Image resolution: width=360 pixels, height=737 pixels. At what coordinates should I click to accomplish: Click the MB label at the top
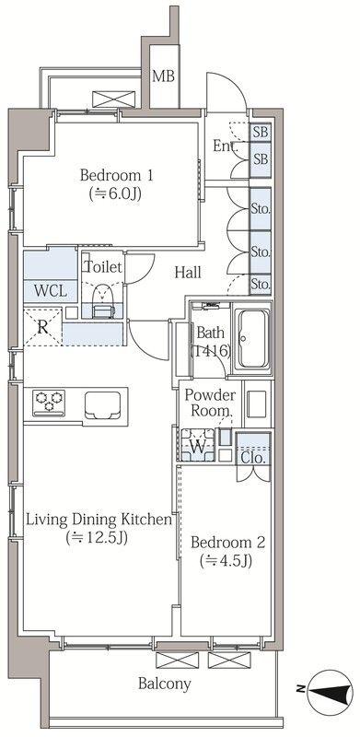(163, 76)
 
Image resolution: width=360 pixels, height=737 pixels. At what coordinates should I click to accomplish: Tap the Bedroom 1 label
(116, 175)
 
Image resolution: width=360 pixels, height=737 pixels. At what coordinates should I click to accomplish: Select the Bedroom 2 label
(228, 543)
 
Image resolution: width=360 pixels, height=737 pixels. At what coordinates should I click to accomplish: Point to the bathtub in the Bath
(253, 338)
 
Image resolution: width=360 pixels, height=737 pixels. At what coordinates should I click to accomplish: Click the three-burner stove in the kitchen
(49, 403)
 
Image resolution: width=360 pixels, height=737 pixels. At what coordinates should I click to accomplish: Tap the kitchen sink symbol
(102, 405)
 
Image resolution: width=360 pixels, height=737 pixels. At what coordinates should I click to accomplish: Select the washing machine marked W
(198, 445)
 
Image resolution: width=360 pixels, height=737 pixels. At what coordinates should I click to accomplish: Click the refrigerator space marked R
(42, 327)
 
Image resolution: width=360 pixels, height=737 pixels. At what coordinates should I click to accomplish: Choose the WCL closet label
(50, 291)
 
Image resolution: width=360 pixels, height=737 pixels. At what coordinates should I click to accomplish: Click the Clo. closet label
(253, 457)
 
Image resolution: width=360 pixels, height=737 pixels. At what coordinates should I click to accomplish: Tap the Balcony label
(165, 684)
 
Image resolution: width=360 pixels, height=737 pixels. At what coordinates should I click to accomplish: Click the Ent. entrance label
(226, 146)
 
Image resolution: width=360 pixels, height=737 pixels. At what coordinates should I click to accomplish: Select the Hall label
(188, 272)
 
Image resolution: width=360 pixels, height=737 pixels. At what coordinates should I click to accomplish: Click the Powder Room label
(209, 403)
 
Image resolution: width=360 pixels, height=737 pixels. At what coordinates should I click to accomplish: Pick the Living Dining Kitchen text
(99, 520)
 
